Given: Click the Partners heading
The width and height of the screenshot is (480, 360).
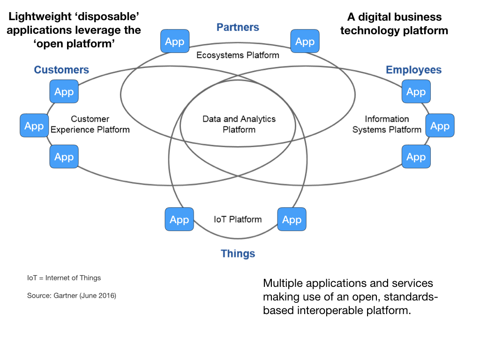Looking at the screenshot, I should tap(238, 27).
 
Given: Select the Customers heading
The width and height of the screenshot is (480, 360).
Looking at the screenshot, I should tap(61, 70).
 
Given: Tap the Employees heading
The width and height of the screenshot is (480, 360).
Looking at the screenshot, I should tap(413, 70).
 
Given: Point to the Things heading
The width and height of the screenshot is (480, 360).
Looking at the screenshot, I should tap(238, 254).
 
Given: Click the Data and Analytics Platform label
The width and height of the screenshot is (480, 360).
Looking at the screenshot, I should tap(239, 124).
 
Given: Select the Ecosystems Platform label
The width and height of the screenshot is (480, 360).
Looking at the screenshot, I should tap(238, 55).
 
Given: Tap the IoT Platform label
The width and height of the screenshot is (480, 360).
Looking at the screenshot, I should tap(238, 219).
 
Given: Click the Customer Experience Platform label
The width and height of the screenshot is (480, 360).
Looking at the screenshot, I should tap(90, 124).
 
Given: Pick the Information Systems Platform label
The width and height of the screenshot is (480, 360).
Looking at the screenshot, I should tap(387, 124).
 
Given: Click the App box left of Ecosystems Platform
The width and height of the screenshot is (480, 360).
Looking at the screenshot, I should tap(174, 42).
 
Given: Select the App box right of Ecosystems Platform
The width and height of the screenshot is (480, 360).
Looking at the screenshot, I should tap(305, 42).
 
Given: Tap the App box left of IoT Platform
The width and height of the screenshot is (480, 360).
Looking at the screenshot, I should tap(179, 219).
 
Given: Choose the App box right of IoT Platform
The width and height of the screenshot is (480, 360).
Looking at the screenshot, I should tap(292, 219).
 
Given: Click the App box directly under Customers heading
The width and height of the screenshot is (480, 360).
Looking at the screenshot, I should tap(64, 91).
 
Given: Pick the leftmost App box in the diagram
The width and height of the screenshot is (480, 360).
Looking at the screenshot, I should tap(34, 126).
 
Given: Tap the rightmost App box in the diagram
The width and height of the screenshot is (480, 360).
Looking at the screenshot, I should tap(440, 126).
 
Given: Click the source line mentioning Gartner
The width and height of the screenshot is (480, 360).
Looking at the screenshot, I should tap(71, 296).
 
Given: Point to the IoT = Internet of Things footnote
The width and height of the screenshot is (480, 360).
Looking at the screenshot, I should tap(64, 278).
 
